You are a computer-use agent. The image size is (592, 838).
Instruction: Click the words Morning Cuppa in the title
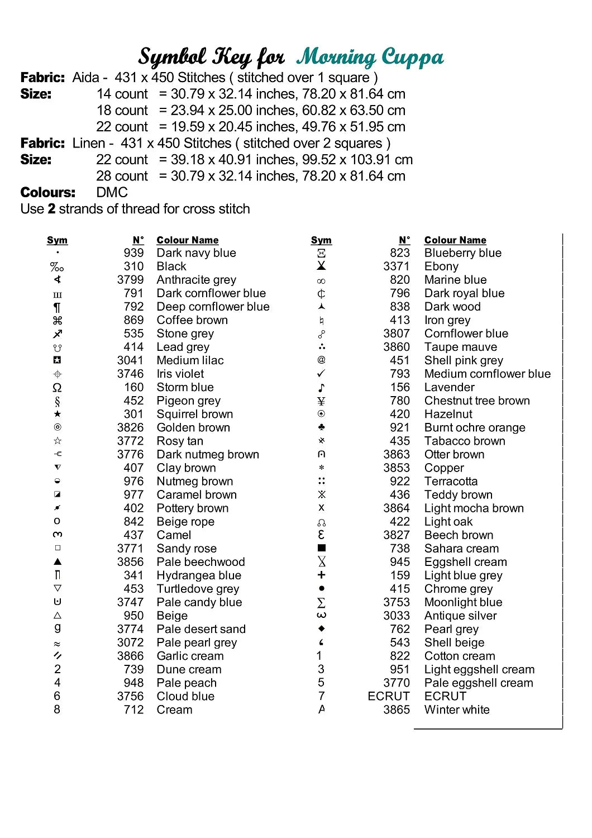coord(370,58)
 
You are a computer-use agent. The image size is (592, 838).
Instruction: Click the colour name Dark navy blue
coord(196,253)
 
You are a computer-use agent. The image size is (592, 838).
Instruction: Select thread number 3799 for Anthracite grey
coord(130,280)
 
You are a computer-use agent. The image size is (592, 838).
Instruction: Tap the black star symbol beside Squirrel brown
coord(58,414)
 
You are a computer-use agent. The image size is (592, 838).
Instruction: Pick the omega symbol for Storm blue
coord(57,387)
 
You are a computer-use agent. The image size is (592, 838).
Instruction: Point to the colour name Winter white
coord(457,710)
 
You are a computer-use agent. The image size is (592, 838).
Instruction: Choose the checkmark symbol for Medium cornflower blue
coord(321,374)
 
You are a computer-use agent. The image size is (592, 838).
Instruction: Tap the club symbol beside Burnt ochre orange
coord(321,427)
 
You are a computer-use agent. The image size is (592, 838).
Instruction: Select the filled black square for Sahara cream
coord(321,548)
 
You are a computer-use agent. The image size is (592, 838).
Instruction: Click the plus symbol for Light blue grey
coord(321,575)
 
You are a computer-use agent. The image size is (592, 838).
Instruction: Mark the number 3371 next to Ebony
coord(397,266)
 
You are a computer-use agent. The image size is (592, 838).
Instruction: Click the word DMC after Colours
coord(112,193)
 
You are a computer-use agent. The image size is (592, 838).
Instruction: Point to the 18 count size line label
coord(122,111)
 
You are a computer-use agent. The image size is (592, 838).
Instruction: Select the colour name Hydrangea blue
coord(199,575)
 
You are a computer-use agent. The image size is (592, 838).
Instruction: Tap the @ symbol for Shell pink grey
coord(321,360)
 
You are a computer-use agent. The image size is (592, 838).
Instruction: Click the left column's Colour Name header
coord(187,240)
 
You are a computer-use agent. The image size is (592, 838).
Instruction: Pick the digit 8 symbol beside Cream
coord(57,710)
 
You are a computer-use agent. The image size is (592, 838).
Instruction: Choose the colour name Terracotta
coord(451,482)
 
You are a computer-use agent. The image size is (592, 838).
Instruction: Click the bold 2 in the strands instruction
coord(51,209)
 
